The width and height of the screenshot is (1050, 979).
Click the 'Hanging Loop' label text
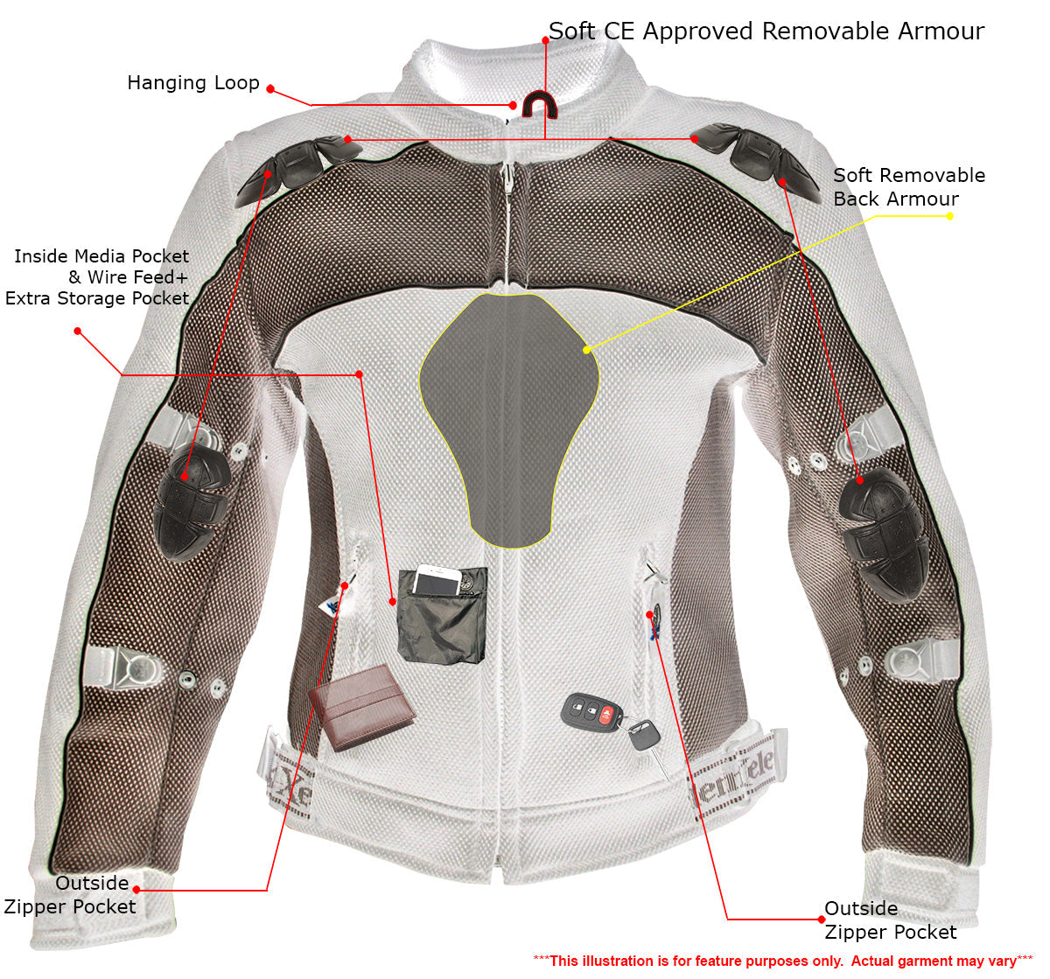coord(193,83)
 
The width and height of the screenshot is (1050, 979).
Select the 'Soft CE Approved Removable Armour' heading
coord(766,31)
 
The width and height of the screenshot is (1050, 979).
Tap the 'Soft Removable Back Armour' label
coord(909,187)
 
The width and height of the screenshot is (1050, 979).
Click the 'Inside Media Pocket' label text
coord(101,256)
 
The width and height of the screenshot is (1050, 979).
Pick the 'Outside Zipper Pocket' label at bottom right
coord(891,920)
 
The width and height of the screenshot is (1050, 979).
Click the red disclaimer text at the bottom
coord(782,961)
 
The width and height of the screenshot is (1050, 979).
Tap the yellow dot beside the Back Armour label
coord(949,216)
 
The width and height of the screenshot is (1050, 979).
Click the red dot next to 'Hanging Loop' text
coord(270,89)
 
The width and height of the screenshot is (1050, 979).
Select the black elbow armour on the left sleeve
coord(192,505)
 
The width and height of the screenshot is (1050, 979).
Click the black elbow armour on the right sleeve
coord(882,535)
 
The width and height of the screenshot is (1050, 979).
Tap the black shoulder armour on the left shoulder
coord(297,169)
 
